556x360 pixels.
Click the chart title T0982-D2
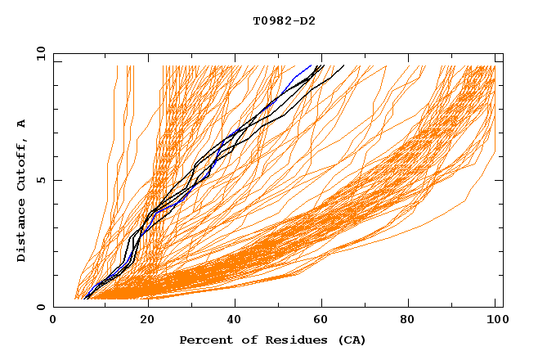click(284, 20)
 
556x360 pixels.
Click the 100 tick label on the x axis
click(495, 321)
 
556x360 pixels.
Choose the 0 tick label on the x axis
click(54, 321)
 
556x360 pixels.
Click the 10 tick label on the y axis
click(38, 53)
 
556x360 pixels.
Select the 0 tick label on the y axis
click(40, 307)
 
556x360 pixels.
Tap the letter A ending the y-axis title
click(21, 124)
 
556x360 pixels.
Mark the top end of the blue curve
click(311, 65)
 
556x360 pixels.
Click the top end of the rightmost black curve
click(343, 65)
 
